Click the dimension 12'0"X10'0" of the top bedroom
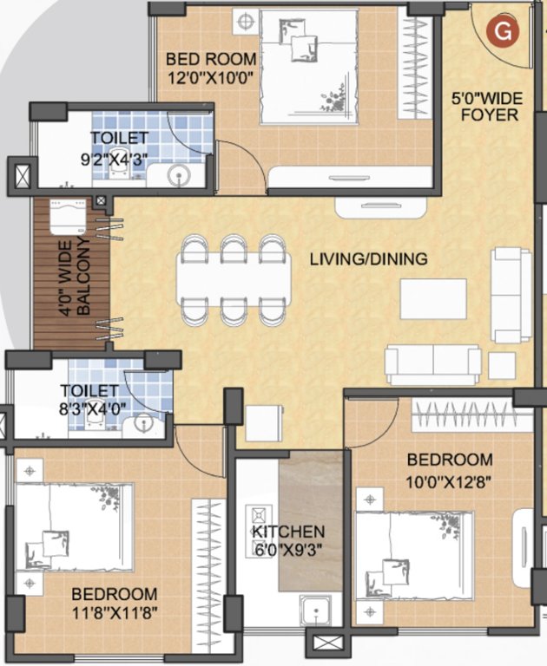tap(211, 77)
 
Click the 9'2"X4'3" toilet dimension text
tap(119, 159)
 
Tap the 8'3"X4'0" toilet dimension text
tap(93, 410)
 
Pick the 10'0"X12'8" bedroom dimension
tap(450, 479)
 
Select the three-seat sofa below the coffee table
tap(432, 363)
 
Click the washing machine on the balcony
tap(68, 217)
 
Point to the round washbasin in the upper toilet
tap(179, 177)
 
